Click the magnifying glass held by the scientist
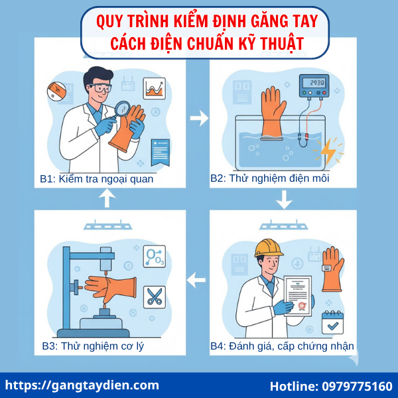click(123, 107)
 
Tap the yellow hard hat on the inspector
click(269, 248)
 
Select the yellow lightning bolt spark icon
click(330, 152)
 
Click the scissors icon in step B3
click(155, 296)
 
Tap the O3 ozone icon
click(155, 257)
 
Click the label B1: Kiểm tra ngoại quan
click(96, 178)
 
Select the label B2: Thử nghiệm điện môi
click(270, 178)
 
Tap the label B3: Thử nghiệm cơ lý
click(93, 346)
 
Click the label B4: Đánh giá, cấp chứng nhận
click(282, 346)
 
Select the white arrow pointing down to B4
click(285, 198)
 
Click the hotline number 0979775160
click(331, 386)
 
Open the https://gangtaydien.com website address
click(82, 385)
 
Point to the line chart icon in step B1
click(155, 87)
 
